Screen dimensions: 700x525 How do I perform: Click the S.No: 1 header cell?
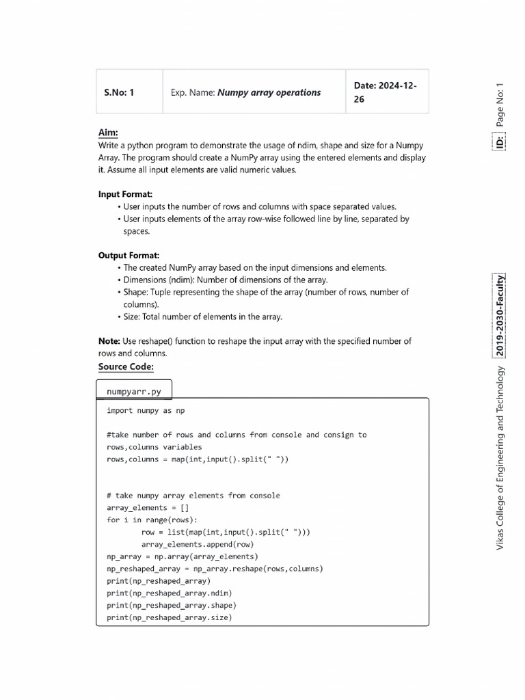click(119, 92)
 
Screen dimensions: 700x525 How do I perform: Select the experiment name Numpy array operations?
click(269, 92)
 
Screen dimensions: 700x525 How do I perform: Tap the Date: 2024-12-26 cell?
click(386, 92)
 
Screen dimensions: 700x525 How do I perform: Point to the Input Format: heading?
click(125, 194)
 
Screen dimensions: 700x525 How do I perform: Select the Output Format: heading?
click(129, 256)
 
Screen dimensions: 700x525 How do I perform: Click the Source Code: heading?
click(126, 367)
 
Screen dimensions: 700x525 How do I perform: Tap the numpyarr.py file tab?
click(134, 392)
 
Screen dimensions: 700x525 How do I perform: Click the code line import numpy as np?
click(146, 411)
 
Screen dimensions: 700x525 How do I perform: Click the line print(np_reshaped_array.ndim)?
click(170, 593)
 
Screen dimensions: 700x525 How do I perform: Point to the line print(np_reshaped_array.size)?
click(170, 618)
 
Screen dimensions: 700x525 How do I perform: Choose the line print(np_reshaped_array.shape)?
click(172, 606)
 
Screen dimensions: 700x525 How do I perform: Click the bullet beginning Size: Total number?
click(202, 317)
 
